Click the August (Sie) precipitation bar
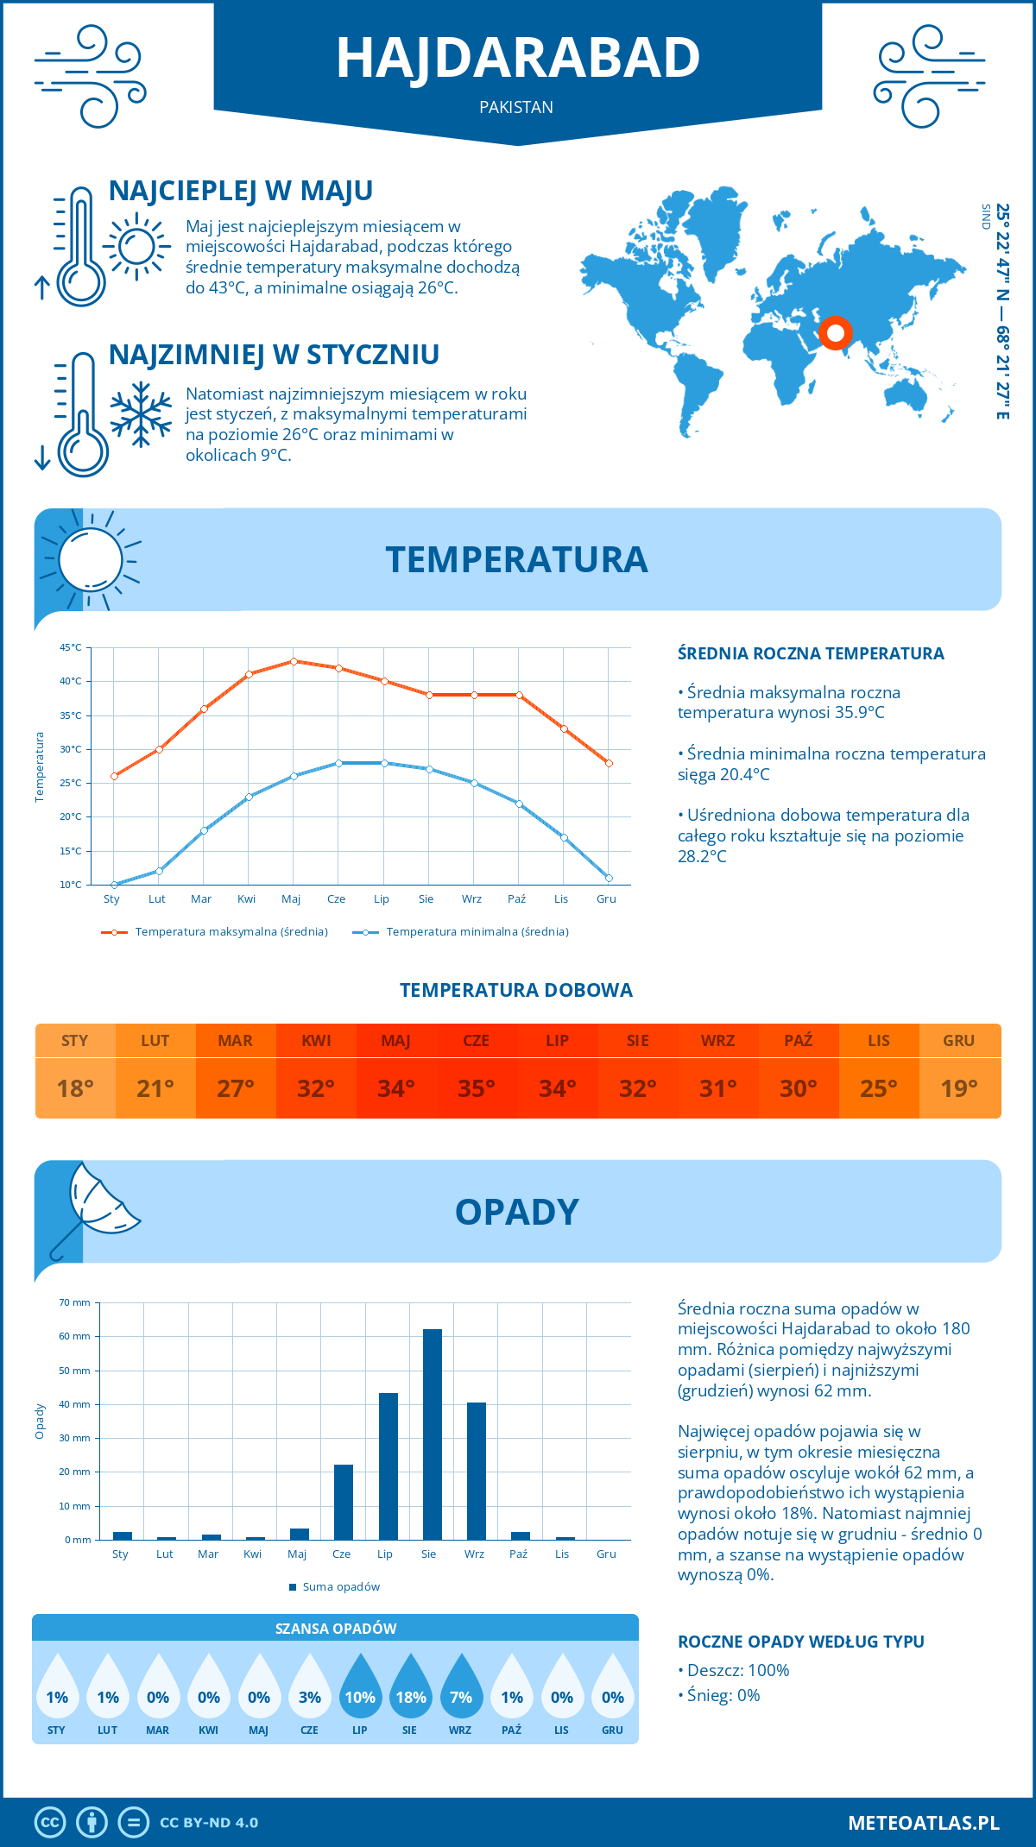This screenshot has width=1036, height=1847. (433, 1434)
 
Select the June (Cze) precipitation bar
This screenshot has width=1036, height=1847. (344, 1502)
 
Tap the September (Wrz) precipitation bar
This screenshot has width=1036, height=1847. (477, 1471)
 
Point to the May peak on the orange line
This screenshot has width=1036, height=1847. (294, 661)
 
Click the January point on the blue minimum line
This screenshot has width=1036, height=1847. (114, 885)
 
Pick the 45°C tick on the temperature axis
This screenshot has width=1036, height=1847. (71, 647)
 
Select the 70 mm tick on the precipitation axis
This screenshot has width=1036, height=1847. (75, 1302)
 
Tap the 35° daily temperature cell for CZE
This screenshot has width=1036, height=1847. (477, 1088)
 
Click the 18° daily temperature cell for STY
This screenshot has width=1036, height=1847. (75, 1088)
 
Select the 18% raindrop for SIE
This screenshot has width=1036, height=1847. (411, 1690)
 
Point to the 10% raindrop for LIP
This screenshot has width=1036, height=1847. (360, 1690)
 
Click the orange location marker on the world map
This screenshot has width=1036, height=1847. (835, 332)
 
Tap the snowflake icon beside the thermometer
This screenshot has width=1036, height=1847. (141, 414)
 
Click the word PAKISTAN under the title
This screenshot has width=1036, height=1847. (516, 108)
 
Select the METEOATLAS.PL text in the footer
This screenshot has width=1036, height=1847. (924, 1823)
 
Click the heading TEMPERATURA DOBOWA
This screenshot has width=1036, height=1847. (516, 991)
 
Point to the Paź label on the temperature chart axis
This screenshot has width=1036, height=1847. (516, 899)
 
